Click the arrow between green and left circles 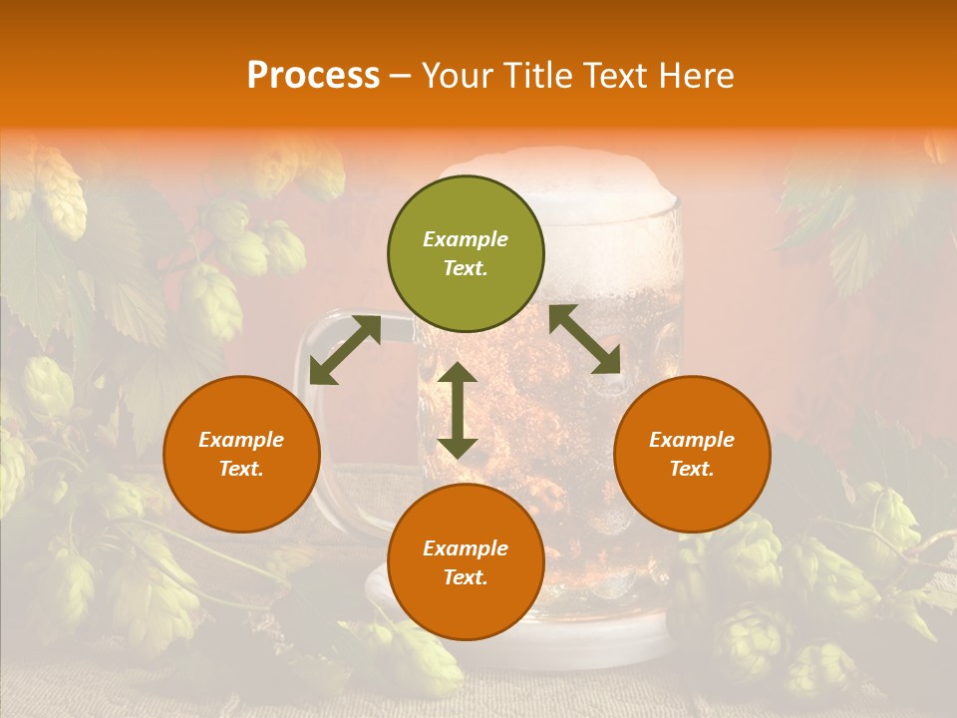345,350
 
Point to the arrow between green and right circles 585,339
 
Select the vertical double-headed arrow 458,410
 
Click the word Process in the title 313,76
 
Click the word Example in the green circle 466,239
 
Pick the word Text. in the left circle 241,469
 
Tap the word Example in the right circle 692,440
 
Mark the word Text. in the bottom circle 466,577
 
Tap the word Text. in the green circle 466,268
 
